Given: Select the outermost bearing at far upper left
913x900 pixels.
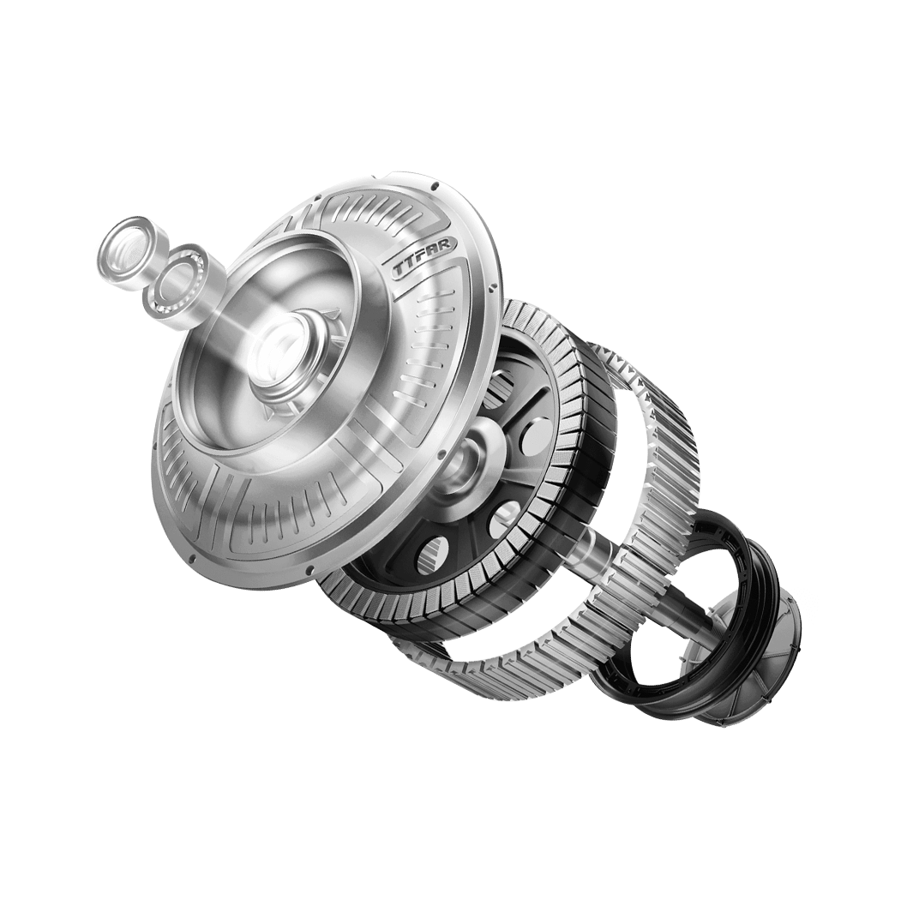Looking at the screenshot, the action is point(126,247).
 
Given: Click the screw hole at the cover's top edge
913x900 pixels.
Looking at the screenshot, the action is point(435,186).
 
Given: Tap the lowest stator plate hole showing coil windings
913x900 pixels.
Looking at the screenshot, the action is point(432,555).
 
